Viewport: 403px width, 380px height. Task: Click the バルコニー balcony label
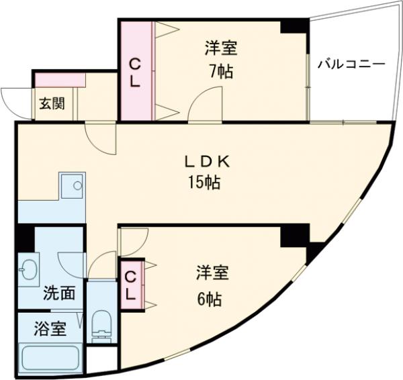pyautogui.click(x=351, y=64)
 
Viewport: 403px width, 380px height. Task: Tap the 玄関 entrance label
pyautogui.click(x=51, y=104)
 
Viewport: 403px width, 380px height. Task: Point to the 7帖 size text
pyautogui.click(x=221, y=71)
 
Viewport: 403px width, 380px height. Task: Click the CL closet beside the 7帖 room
pyautogui.click(x=135, y=73)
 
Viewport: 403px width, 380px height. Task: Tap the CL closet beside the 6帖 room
pyautogui.click(x=131, y=285)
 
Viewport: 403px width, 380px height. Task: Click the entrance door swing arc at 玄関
pyautogui.click(x=12, y=99)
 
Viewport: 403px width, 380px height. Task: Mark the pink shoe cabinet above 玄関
pyautogui.click(x=60, y=79)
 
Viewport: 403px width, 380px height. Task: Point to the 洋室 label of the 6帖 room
pyautogui.click(x=212, y=273)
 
